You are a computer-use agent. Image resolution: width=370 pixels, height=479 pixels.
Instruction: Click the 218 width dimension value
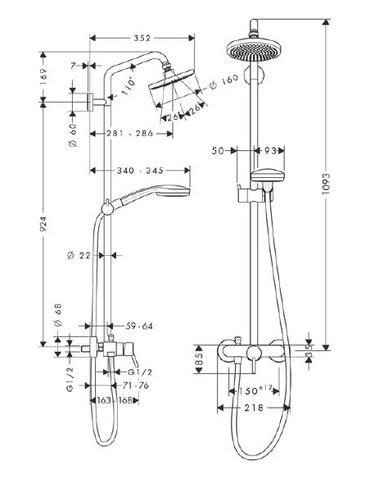click(x=255, y=408)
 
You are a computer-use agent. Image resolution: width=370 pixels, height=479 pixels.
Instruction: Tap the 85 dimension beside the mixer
click(x=200, y=358)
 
